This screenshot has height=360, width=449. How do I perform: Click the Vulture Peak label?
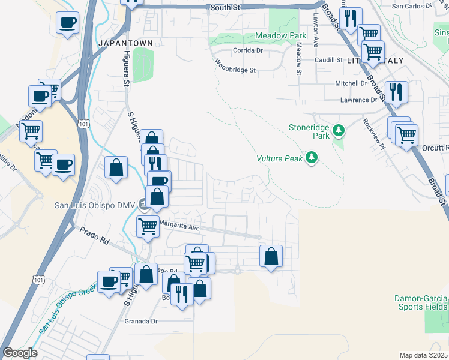(x=279, y=158)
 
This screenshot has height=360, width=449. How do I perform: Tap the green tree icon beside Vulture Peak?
(x=311, y=158)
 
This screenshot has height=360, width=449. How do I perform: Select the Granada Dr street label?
(x=140, y=321)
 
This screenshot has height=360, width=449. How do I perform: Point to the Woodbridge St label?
(x=235, y=66)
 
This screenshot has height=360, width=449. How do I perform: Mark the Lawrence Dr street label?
(x=359, y=100)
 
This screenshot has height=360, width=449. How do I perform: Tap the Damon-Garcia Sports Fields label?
(x=420, y=302)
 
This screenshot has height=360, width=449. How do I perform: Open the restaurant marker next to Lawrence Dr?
(x=396, y=91)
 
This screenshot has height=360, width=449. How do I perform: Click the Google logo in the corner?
(x=20, y=353)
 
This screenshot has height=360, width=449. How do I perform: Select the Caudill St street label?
(x=327, y=61)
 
